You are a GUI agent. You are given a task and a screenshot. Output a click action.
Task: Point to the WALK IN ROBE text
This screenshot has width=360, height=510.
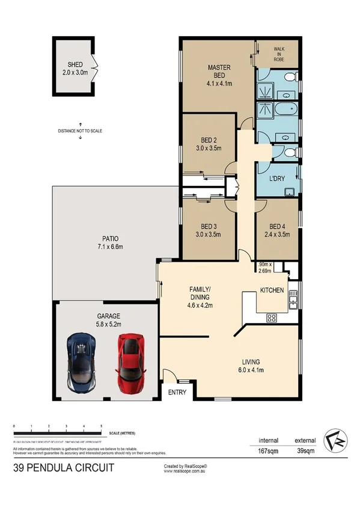point(278,54)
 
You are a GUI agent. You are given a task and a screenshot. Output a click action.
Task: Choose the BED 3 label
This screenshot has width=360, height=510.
point(209,228)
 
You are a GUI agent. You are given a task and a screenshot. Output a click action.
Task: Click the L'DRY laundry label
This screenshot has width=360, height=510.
point(276,179)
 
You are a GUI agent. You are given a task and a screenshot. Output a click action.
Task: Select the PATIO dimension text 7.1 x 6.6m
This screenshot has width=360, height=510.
point(110,247)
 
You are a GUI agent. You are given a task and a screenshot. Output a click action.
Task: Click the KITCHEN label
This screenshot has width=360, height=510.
point(272,290)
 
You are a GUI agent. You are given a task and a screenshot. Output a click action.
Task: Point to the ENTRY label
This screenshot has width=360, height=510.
point(177,393)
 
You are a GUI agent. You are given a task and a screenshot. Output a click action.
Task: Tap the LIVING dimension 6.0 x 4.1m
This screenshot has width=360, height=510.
point(251,369)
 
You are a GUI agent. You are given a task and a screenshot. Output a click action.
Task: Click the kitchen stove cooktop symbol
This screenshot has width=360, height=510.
point(270,318)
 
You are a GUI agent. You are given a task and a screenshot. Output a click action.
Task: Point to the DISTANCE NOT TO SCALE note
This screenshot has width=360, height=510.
point(80,130)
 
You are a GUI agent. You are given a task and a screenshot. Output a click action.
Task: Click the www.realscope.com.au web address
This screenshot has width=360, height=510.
point(186,471)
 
